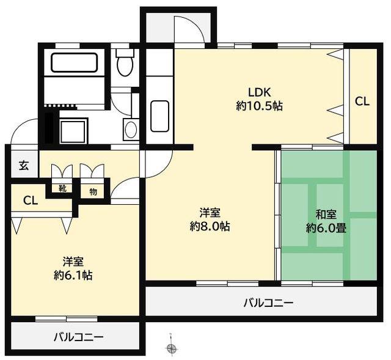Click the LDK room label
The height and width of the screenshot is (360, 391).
(x=259, y=92)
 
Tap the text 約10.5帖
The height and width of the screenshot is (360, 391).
(x=259, y=106)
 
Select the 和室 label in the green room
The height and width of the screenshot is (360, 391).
(x=326, y=215)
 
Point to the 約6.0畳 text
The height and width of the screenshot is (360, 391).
(x=326, y=228)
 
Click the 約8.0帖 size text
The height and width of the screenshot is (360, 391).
(x=210, y=226)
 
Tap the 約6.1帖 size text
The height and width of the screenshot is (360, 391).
(x=73, y=275)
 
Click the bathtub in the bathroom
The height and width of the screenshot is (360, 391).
(x=74, y=62)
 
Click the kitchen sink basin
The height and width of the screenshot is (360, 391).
(x=160, y=116)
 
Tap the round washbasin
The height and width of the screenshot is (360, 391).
(x=131, y=130)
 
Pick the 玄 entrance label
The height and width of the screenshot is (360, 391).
(x=24, y=166)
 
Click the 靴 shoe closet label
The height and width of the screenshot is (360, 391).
(x=62, y=188)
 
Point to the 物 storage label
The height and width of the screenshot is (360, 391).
(x=93, y=192)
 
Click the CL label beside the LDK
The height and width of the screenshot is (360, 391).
(x=362, y=102)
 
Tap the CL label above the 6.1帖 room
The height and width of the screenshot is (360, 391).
(x=31, y=200)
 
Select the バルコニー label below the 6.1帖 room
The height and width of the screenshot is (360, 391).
(x=79, y=337)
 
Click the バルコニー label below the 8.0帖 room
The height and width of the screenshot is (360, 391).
(x=269, y=303)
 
